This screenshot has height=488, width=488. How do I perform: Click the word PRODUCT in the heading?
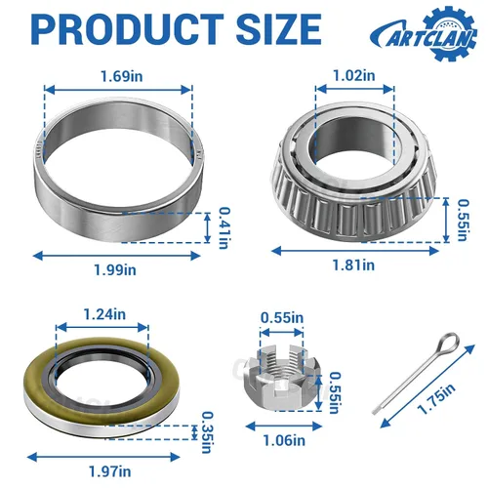pyautogui.click(x=128, y=29)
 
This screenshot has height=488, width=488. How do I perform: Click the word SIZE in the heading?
pyautogui.click(x=279, y=29)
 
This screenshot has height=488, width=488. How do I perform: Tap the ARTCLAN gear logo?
pyautogui.click(x=424, y=34)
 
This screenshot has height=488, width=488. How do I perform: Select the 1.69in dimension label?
pyautogui.click(x=122, y=76)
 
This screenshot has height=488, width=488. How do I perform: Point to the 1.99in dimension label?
pyautogui.click(x=115, y=270)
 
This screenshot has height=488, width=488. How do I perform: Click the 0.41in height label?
pyautogui.click(x=224, y=227)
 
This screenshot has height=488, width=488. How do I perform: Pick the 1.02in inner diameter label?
pyautogui.click(x=354, y=76)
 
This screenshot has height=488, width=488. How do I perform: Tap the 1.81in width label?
pyautogui.click(x=353, y=265)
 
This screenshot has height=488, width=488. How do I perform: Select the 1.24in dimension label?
pyautogui.click(x=104, y=314)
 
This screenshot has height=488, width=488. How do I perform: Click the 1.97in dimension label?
pyautogui.click(x=110, y=471)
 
